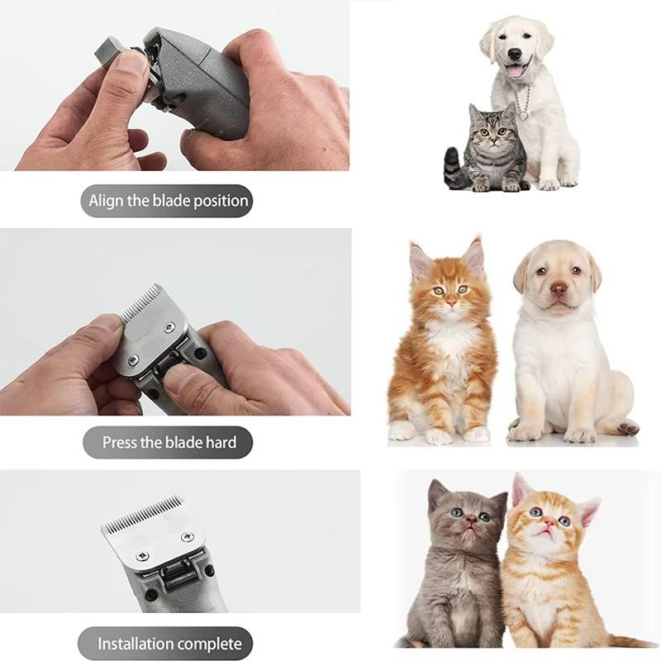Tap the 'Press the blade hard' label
click(169, 442)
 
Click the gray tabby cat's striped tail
click(454, 169)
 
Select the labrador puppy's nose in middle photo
click(559, 288)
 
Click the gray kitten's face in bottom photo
click(465, 520)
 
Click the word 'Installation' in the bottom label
click(136, 644)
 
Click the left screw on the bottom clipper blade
click(141, 555)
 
